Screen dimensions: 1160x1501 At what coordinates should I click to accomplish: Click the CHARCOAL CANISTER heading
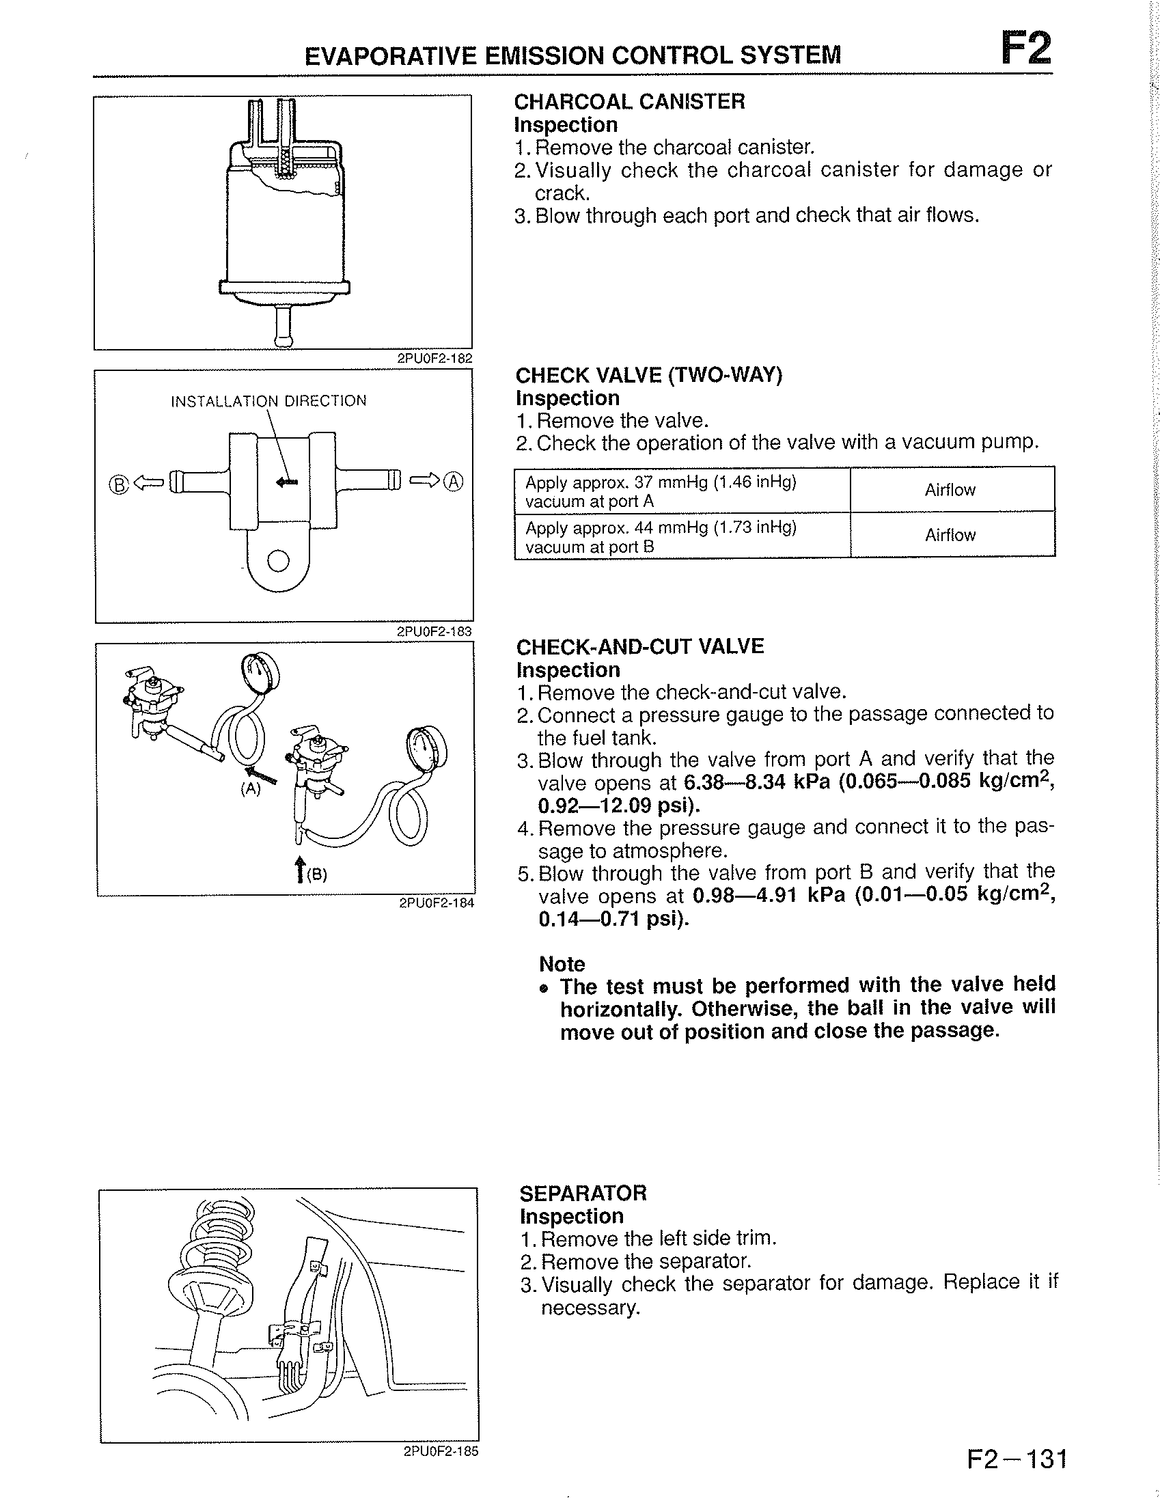pos(629,102)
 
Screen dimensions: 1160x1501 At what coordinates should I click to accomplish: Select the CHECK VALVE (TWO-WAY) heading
pos(649,375)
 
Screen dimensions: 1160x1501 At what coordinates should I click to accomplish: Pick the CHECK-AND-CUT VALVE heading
pos(640,647)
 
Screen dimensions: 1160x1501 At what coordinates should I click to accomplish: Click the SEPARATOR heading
pos(583,1192)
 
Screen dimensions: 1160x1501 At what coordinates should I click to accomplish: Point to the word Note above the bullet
pos(562,963)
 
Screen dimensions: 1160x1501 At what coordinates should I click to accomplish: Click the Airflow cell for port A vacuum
pos(951,490)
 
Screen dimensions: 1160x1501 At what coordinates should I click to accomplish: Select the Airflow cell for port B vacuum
pos(951,535)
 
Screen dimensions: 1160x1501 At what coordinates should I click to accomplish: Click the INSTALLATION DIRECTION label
pos(268,401)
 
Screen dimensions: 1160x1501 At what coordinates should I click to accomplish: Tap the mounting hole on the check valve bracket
pos(278,562)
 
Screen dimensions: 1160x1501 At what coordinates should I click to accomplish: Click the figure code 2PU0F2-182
pos(435,357)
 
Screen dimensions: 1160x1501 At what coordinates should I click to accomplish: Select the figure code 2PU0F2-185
pos(441,1451)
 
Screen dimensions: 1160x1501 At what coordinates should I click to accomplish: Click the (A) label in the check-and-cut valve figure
pos(250,790)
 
